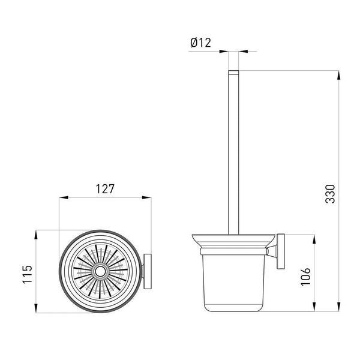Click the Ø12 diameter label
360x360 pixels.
coord(200,43)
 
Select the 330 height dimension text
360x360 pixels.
coord(331,194)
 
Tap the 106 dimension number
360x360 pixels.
coord(305,277)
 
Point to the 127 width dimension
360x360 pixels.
coord(105,189)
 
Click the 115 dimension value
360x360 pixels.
coord(28,274)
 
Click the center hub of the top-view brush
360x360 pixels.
coord(100,272)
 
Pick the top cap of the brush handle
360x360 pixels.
coord(233,72)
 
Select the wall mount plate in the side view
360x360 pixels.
coord(281,251)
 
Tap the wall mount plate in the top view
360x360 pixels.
coord(148,271)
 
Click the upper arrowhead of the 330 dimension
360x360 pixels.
coord(338,75)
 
